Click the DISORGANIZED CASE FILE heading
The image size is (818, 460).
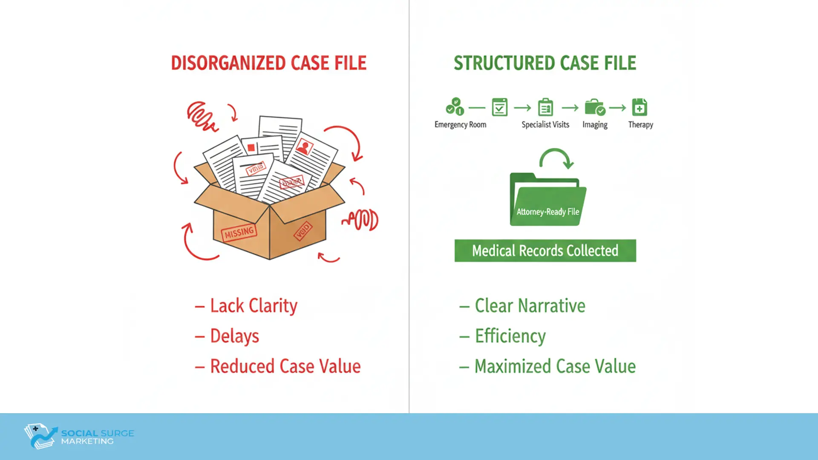click(x=268, y=63)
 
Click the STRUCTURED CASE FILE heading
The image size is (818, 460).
click(x=544, y=63)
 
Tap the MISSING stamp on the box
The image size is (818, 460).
click(x=239, y=233)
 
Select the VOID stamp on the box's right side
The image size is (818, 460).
click(x=303, y=231)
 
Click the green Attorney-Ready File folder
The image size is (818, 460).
click(x=547, y=200)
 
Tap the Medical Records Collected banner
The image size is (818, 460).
click(x=545, y=250)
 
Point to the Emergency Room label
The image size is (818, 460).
click(x=460, y=124)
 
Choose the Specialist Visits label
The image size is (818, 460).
click(x=545, y=124)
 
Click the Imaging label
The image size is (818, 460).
click(x=595, y=124)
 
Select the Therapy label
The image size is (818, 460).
click(x=640, y=124)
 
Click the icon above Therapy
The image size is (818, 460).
click(x=639, y=107)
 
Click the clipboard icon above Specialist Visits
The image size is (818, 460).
click(x=545, y=107)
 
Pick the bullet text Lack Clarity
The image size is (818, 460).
click(x=253, y=306)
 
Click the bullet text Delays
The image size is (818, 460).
click(x=234, y=336)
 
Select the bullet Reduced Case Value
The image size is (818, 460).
click(x=285, y=366)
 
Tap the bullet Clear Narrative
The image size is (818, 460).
click(x=530, y=306)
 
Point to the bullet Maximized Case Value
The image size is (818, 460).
click(x=555, y=366)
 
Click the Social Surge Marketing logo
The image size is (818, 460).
click(x=79, y=436)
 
